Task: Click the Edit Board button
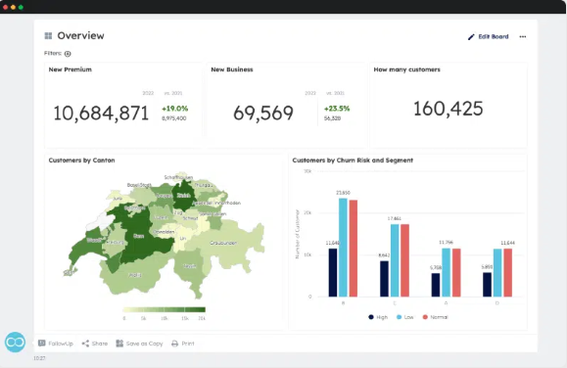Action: pos(488,36)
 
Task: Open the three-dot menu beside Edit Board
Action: pos(523,36)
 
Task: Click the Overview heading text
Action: pos(80,36)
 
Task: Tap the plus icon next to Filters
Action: pos(68,54)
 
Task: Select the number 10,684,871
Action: pos(101,114)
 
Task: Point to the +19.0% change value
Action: pos(175,109)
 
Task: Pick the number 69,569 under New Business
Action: pos(262,114)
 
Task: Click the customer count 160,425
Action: pos(448,108)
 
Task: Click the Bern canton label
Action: pos(139,236)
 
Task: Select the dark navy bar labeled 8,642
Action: pos(384,278)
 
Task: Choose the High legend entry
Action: pos(377,316)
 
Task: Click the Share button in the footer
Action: pos(94,344)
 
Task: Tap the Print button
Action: pos(182,344)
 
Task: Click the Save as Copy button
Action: pos(138,344)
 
